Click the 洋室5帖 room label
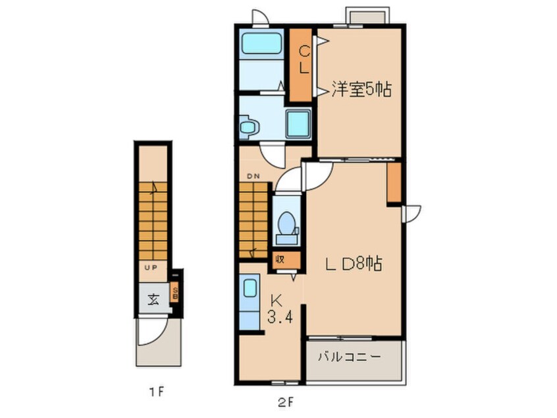361,90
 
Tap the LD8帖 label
352,264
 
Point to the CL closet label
304,59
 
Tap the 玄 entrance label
153,300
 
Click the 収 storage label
280,258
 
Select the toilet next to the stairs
286,224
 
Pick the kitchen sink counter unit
250,303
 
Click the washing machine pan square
298,123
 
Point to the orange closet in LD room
394,182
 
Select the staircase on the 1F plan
152,221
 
